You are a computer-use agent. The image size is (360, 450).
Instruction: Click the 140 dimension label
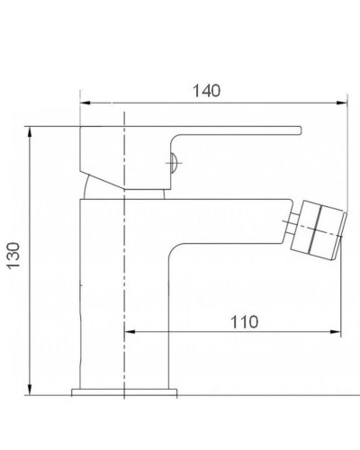click(x=206, y=91)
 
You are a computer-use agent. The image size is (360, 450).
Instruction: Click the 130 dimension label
click(x=13, y=256)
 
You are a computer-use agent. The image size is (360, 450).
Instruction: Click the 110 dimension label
click(x=244, y=322)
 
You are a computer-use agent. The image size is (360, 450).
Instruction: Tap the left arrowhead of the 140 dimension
click(x=85, y=103)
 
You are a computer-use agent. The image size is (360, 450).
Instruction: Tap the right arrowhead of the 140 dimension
click(x=342, y=103)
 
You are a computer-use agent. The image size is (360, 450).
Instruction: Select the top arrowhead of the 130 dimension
click(x=30, y=132)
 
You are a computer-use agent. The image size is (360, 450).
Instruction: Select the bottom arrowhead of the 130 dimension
click(x=30, y=390)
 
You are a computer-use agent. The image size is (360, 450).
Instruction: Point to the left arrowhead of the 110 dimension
click(x=130, y=332)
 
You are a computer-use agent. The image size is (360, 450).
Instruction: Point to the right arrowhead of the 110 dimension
click(x=336, y=332)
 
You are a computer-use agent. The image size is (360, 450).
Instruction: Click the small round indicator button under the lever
click(x=174, y=163)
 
